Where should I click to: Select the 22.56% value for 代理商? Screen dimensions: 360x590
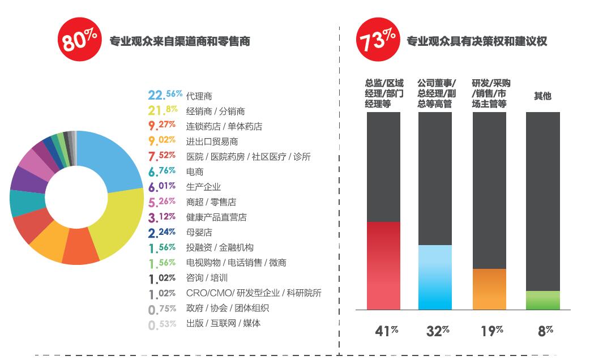pyautogui.click(x=164, y=95)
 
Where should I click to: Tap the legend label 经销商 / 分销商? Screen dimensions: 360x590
pyautogui.click(x=215, y=111)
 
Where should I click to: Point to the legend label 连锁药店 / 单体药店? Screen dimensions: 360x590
pyautogui.click(x=224, y=126)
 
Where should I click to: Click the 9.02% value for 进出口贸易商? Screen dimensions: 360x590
pyautogui.click(x=161, y=141)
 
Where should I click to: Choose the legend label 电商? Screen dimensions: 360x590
pyautogui.click(x=195, y=172)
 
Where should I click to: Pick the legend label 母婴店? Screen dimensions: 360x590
pyautogui.click(x=199, y=232)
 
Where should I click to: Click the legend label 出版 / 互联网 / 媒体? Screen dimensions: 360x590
pyautogui.click(x=223, y=323)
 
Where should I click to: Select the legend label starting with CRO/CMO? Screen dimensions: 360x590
pyautogui.click(x=254, y=293)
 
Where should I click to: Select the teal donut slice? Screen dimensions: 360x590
pyautogui.click(x=25, y=204)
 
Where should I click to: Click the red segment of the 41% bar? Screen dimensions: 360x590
pyautogui.click(x=383, y=265)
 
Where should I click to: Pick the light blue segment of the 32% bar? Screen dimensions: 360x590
pyautogui.click(x=435, y=277)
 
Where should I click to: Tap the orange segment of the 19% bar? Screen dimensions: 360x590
pyautogui.click(x=489, y=289)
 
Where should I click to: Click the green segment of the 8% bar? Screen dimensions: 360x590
pyautogui.click(x=542, y=301)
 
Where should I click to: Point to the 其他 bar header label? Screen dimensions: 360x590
pyautogui.click(x=542, y=96)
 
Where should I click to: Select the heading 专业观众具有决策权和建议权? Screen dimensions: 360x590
pyautogui.click(x=477, y=41)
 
